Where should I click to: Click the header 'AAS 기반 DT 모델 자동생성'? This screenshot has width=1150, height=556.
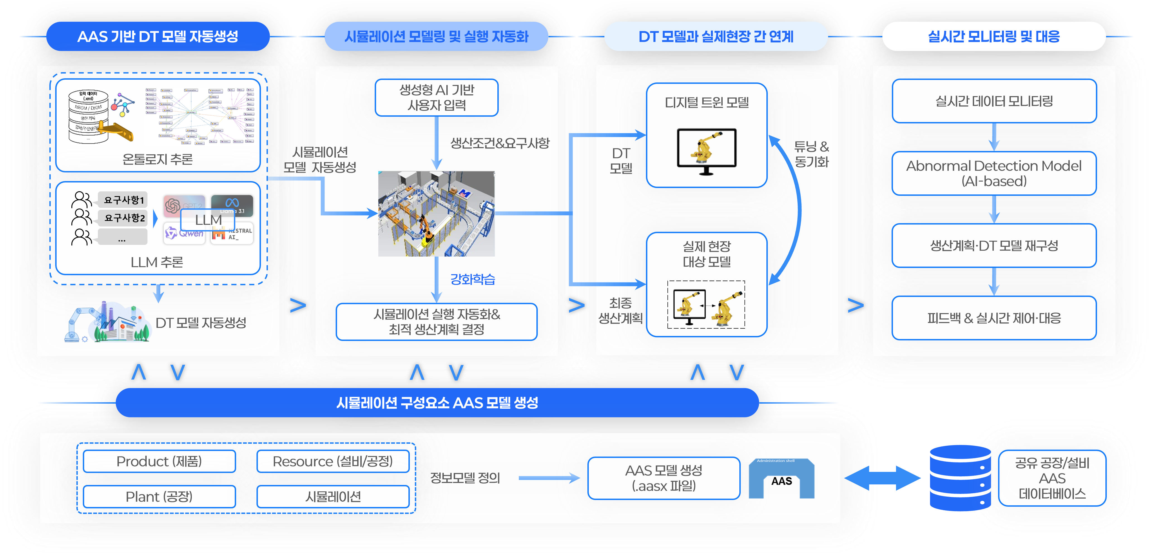tap(158, 36)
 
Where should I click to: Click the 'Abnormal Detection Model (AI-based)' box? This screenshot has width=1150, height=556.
tap(994, 173)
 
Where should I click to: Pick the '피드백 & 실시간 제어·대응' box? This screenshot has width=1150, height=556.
tap(994, 318)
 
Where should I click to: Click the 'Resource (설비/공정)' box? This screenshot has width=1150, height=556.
tap(333, 461)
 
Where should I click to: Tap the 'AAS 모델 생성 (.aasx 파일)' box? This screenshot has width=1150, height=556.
tap(664, 478)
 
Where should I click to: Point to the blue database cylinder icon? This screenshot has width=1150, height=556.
tap(960, 478)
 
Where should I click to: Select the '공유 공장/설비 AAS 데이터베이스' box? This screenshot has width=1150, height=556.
tap(1052, 478)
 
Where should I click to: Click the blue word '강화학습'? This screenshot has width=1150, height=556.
tap(472, 279)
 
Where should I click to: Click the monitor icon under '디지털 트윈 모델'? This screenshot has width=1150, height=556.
tap(706, 151)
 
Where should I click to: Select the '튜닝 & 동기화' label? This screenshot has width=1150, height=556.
tap(811, 154)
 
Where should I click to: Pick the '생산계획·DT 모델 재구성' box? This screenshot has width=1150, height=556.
tap(994, 245)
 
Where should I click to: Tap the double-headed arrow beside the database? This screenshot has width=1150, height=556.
tap(882, 478)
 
